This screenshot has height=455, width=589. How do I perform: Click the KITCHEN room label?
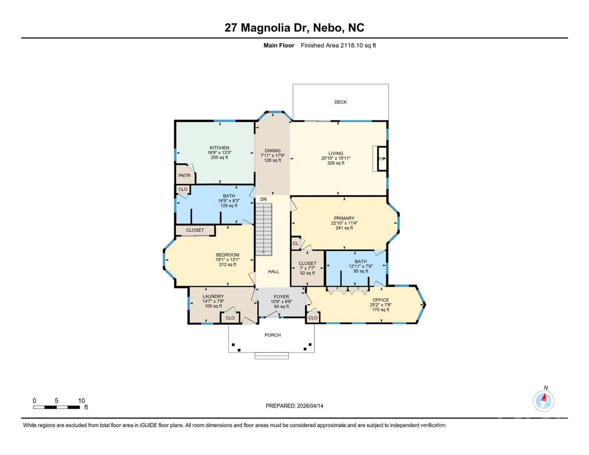click(x=219, y=148)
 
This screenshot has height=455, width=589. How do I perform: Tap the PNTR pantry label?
click(x=184, y=175)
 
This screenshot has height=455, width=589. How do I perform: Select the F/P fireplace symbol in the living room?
click(x=382, y=159)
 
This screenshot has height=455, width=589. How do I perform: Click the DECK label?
click(x=340, y=102)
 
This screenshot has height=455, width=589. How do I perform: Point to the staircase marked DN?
click(x=264, y=229)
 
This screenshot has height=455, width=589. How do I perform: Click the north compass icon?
click(x=543, y=401)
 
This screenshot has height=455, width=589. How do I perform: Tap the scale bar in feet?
click(x=57, y=407)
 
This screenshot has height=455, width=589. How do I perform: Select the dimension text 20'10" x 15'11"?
click(x=336, y=158)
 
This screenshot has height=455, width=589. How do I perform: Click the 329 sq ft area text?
click(x=336, y=163)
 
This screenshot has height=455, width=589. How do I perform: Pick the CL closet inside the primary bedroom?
click(x=295, y=243)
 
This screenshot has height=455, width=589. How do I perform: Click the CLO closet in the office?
click(x=313, y=318)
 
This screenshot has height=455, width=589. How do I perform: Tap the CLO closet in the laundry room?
click(x=230, y=318)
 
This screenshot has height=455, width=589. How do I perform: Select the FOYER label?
click(x=281, y=297)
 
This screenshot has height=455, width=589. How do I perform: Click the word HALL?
click(x=273, y=271)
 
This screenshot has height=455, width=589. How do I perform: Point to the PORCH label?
click(x=272, y=335)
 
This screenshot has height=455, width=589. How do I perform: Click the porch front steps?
click(x=272, y=356)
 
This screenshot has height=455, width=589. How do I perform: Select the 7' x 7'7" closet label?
click(x=307, y=268)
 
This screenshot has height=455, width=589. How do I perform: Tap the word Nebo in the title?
click(x=328, y=27)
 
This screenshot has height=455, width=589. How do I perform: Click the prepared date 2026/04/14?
click(x=310, y=406)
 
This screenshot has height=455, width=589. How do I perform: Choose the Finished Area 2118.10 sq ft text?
click(x=338, y=45)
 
